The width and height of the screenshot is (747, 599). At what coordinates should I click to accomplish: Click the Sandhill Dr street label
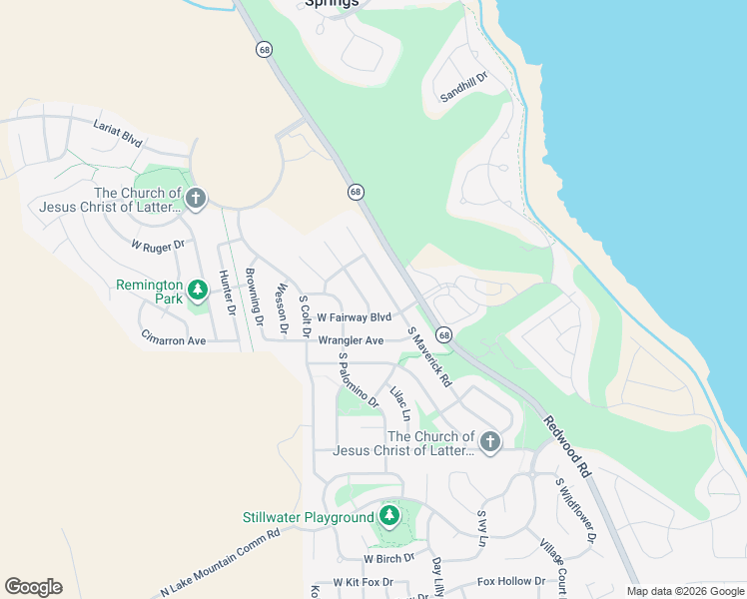tap(463, 88)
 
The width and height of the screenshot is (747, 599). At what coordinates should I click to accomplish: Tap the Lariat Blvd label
tap(118, 134)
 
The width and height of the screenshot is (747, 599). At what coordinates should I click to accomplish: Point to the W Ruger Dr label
tap(158, 245)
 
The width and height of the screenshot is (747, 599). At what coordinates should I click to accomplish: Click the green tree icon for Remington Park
tap(198, 291)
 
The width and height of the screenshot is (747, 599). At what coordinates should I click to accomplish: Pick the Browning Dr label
tap(254, 298)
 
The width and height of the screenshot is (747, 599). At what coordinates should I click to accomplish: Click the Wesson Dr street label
tap(282, 307)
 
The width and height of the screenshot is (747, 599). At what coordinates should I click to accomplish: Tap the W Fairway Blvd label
tap(354, 317)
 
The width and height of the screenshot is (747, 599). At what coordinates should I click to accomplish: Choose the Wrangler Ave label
tap(351, 340)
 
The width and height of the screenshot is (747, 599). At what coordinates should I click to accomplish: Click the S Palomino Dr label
tap(358, 379)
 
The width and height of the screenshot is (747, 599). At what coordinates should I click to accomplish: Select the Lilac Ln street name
tap(399, 402)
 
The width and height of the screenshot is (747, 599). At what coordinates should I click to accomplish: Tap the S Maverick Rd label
tap(429, 356)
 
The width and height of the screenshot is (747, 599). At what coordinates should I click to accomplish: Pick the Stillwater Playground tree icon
tap(390, 516)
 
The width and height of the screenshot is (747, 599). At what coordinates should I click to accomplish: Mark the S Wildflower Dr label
tap(575, 509)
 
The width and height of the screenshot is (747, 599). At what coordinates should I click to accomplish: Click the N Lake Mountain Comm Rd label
tap(220, 561)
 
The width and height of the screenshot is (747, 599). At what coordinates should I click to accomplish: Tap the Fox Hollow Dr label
tap(511, 581)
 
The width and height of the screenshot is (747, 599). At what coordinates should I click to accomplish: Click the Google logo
tap(33, 587)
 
